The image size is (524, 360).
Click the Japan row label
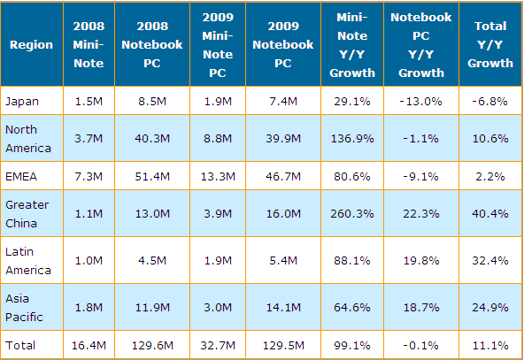22,101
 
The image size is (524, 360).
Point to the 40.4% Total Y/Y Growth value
489,213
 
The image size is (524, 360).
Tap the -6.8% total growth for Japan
489,101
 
